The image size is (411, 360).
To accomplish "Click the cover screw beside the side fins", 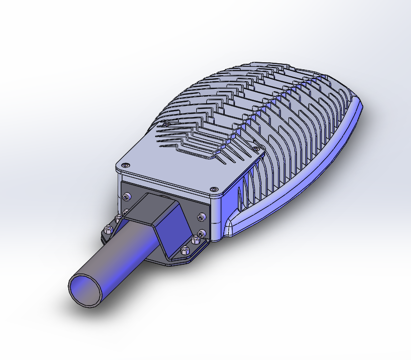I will (256, 148).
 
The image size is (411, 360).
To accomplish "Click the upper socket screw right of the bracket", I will (202, 217).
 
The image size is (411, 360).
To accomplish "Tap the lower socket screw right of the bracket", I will (201, 233).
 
